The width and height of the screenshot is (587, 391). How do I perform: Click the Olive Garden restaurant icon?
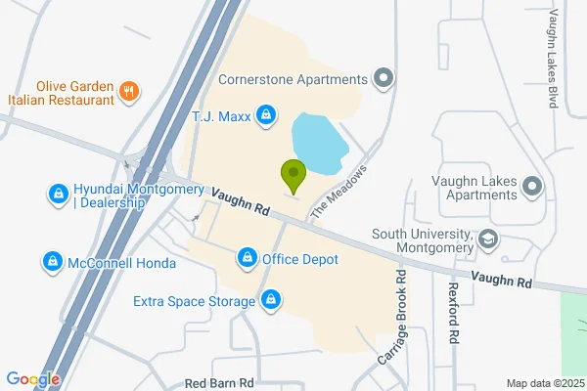point(128,92)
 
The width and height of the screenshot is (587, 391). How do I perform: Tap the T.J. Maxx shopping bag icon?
point(265,117)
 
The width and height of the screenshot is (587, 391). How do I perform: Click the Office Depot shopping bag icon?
point(248,259)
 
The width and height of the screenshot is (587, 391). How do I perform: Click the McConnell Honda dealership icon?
point(52,262)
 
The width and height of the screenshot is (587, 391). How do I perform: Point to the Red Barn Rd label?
point(219,383)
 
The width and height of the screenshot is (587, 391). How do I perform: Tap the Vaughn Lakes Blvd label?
point(554,59)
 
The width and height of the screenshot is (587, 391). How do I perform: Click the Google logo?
point(32,379)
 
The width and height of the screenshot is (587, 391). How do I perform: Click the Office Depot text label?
point(299,259)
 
